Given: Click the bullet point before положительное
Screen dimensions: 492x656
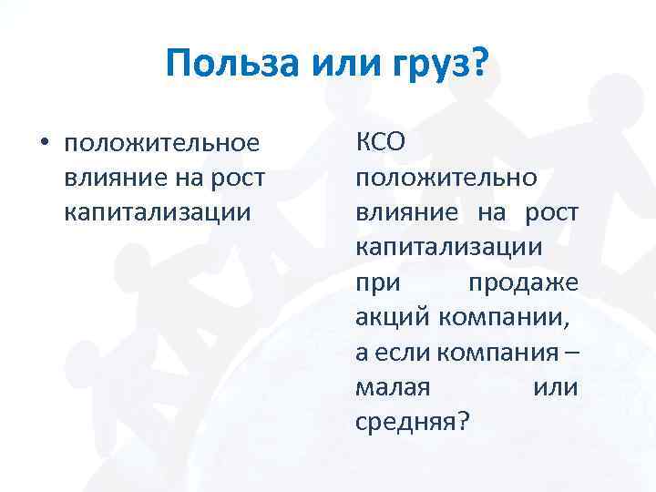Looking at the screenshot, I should pyautogui.click(x=42, y=143).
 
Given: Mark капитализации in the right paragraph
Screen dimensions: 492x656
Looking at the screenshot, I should pyautogui.click(x=446, y=247).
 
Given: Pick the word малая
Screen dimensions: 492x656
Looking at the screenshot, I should pyautogui.click(x=393, y=386).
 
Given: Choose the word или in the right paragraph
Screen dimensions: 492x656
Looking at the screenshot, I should pyautogui.click(x=555, y=386).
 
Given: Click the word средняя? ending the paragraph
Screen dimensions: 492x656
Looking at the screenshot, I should pyautogui.click(x=409, y=421).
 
